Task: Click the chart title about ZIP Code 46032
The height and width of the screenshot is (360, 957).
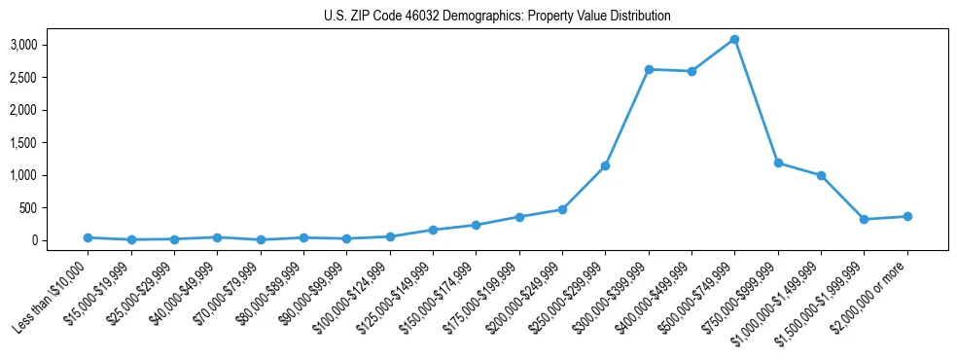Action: click(497, 17)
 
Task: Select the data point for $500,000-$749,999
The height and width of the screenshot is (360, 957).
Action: click(735, 40)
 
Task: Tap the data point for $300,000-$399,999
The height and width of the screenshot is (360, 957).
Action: click(649, 69)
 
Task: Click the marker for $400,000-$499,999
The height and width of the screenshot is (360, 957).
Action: click(691, 71)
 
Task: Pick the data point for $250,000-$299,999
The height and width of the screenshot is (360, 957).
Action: click(605, 166)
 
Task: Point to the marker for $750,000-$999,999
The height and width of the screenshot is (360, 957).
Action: click(778, 163)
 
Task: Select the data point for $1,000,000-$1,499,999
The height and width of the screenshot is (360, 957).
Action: click(821, 176)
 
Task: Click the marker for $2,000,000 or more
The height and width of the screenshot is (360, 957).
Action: click(907, 217)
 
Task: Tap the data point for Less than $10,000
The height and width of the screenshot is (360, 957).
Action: click(88, 237)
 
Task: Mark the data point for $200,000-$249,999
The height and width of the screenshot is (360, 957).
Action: click(562, 209)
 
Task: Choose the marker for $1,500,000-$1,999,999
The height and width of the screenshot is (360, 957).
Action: click(865, 219)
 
